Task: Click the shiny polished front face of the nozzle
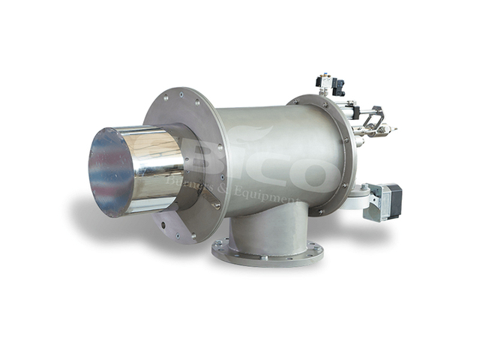(111, 172)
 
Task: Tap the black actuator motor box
(390, 200)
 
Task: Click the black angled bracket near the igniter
(375, 115)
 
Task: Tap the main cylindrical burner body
(270, 150)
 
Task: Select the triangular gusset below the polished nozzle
(169, 222)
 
